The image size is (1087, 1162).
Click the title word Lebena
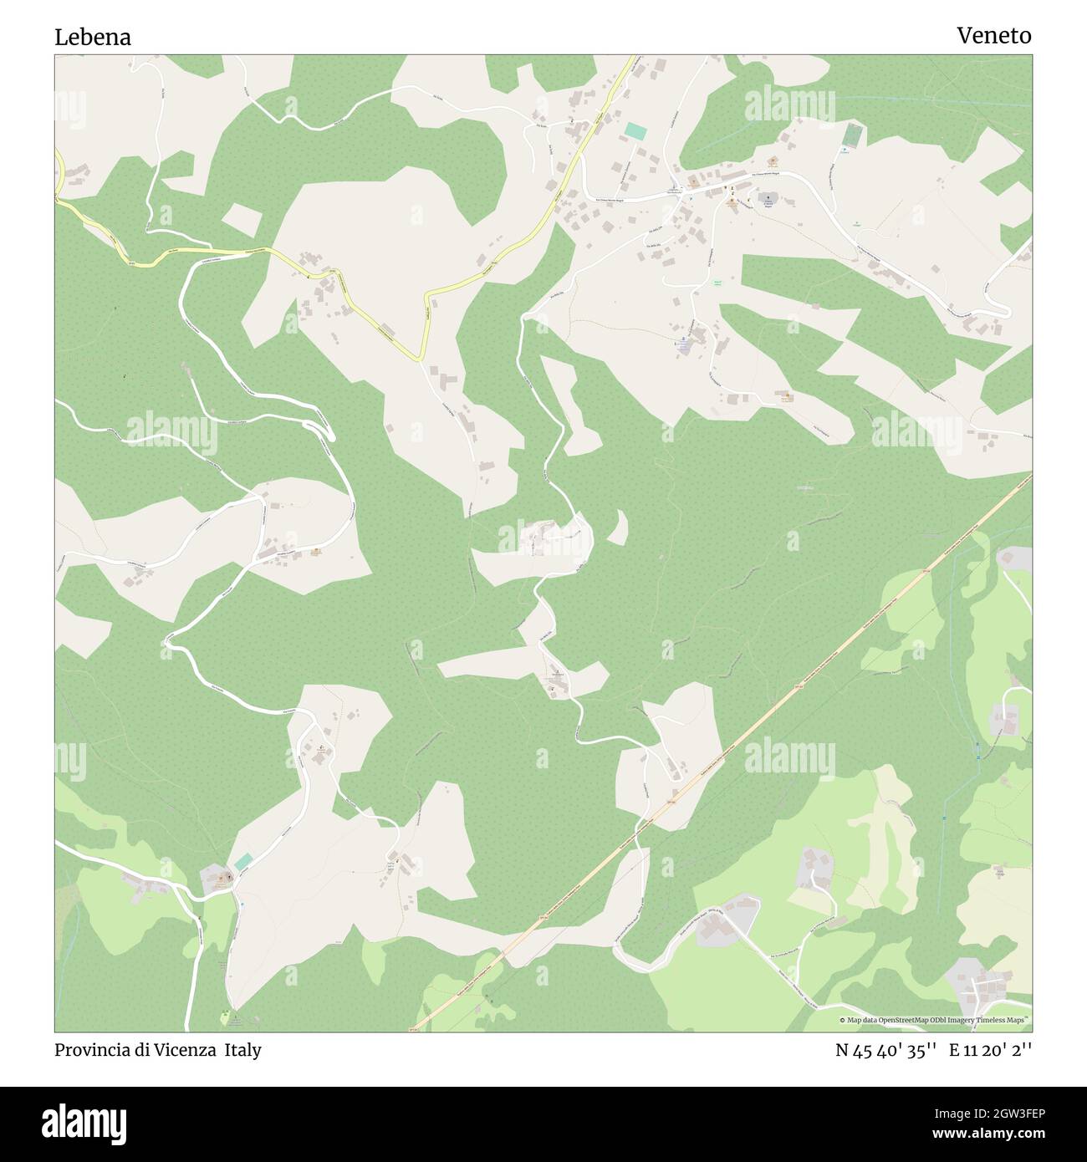93,37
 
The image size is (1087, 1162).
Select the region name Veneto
993,35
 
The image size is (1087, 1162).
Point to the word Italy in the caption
242,1050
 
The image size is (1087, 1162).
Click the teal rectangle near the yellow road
635,131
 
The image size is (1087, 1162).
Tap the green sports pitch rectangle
851,134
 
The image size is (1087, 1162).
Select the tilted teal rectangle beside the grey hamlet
243,862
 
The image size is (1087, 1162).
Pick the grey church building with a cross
768,201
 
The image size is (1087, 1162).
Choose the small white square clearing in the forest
242,220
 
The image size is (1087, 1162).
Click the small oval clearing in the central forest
618,527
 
